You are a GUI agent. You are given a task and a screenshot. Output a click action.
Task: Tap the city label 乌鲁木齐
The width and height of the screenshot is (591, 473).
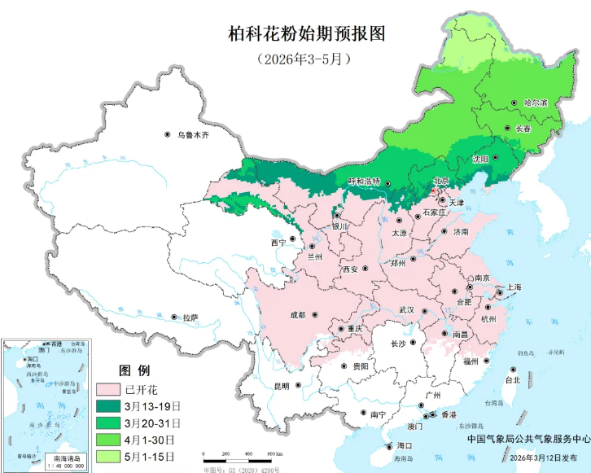click(194, 134)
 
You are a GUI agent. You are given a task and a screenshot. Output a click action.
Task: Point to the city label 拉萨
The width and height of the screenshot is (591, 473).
click(190, 317)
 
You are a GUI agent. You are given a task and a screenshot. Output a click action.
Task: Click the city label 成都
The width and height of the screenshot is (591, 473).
click(296, 314)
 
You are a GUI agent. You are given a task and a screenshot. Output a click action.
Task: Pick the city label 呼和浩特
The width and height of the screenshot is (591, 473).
click(364, 182)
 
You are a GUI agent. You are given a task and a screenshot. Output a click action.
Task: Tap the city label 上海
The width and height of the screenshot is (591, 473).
click(514, 287)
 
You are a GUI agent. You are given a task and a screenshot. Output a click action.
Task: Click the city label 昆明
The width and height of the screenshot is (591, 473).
click(281, 386)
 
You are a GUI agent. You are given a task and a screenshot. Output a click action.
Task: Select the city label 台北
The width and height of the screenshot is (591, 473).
click(512, 380)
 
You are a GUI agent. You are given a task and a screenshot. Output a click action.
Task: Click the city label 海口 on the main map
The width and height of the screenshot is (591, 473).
click(405, 446)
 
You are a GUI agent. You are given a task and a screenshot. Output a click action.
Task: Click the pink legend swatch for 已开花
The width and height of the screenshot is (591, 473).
click(107, 388)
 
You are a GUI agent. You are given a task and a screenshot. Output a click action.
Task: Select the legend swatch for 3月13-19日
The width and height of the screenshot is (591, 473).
click(107, 405)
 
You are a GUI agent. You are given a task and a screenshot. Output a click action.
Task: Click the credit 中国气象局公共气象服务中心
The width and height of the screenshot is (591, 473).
click(528, 438)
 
